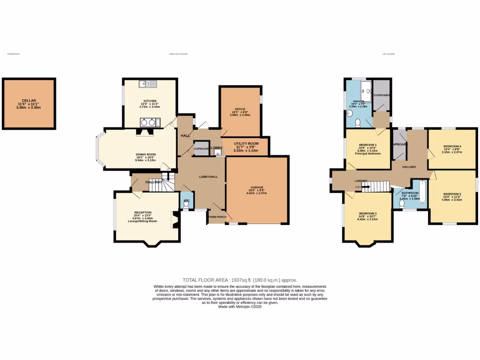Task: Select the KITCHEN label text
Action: (150, 101)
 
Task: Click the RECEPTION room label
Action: (143, 212)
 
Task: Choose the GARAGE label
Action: (256, 187)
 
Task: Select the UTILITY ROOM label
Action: (246, 143)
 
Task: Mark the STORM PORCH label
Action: (217, 217)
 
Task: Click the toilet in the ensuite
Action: (358, 123)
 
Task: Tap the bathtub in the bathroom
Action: (423, 192)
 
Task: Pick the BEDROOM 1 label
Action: (367, 145)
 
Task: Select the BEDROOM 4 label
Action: (452, 146)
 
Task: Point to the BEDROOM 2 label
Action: (452, 194)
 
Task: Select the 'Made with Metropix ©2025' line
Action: (240, 307)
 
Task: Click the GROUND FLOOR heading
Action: (178, 54)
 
